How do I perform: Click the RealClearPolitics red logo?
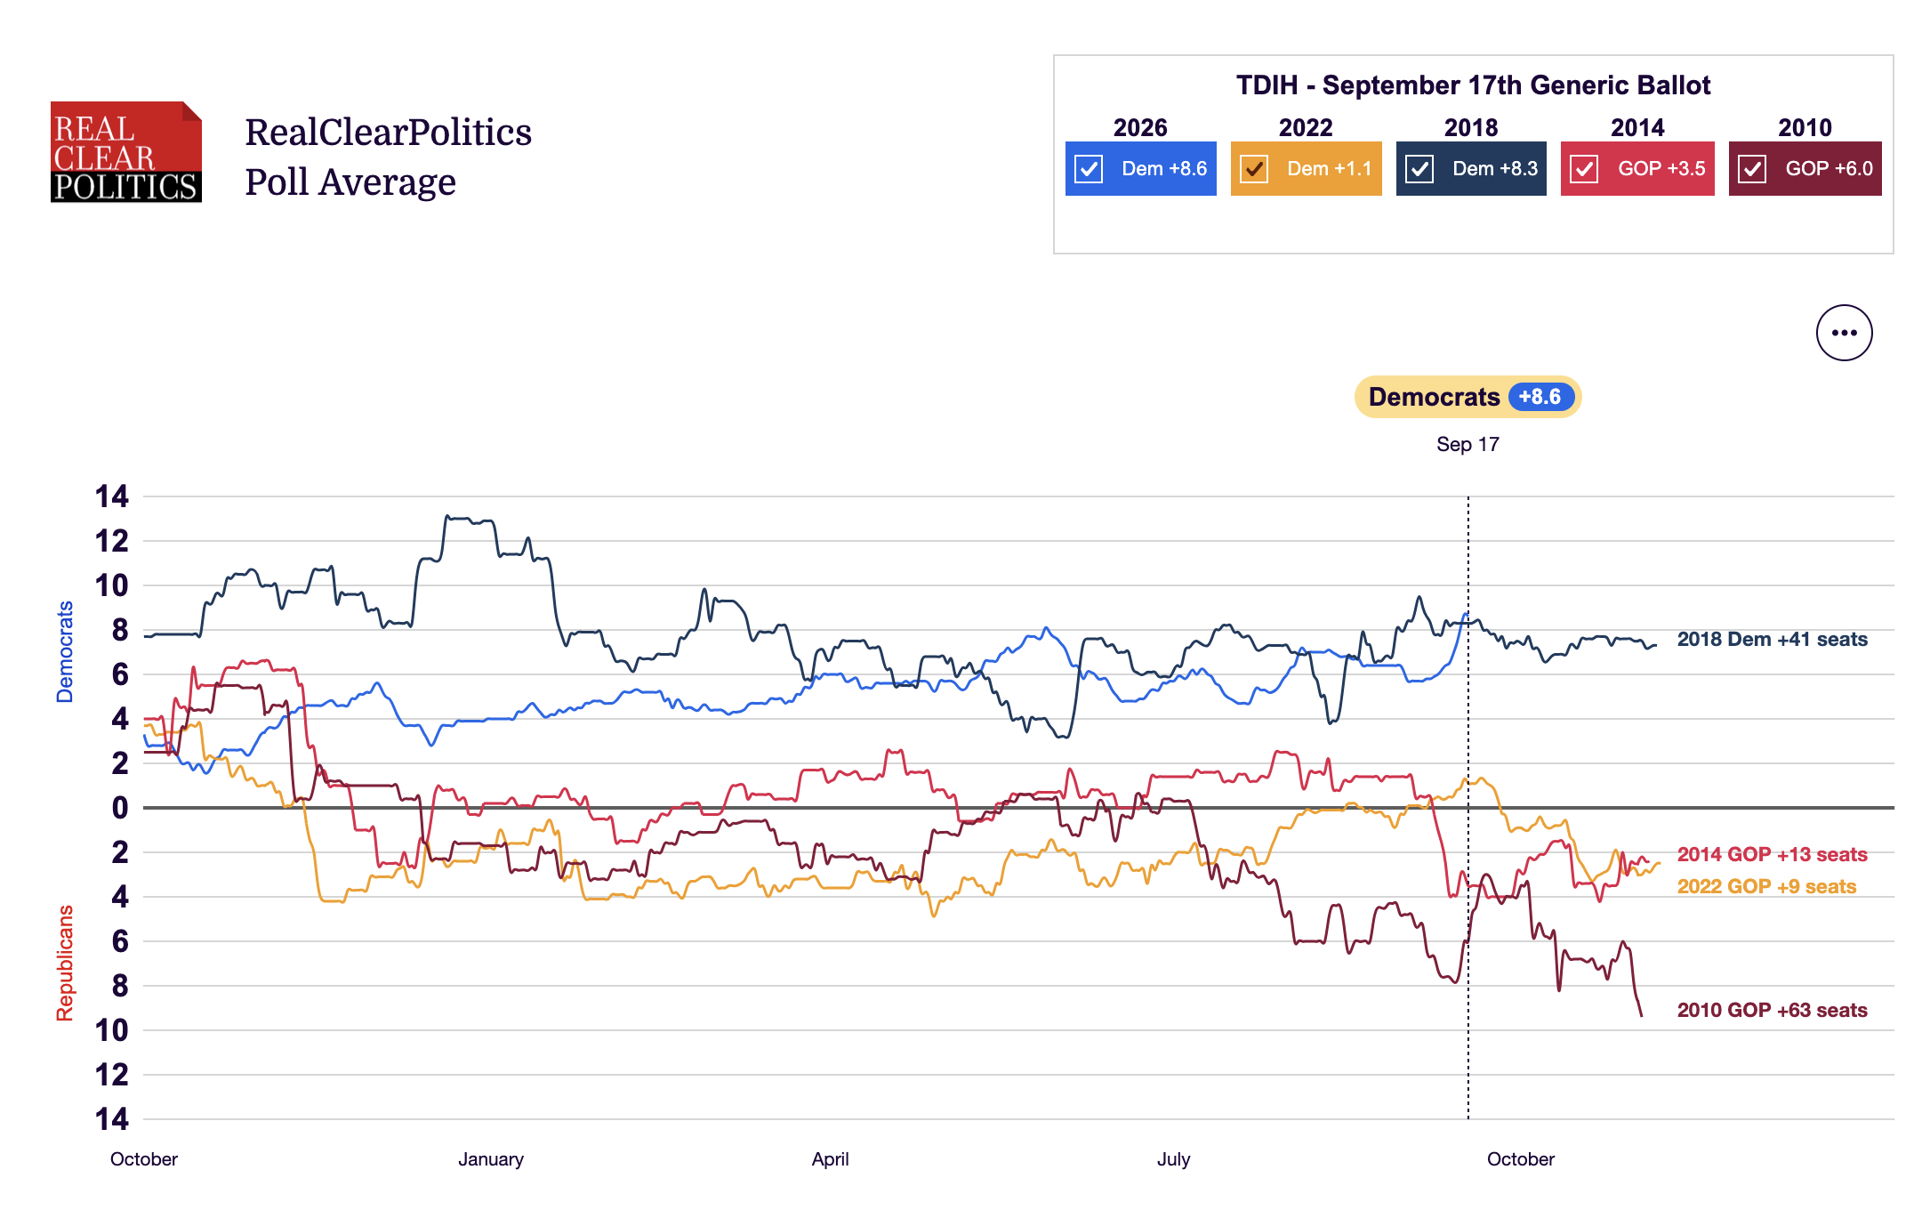126,152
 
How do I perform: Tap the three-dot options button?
1844,333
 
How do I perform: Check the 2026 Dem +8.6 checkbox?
1089,169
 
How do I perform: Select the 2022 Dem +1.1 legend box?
1306,169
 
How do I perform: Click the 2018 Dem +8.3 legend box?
1471,169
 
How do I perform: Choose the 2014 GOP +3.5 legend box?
1637,169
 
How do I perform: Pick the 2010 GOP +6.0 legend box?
1805,169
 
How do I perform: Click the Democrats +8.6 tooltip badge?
1468,397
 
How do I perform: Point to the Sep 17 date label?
1468,444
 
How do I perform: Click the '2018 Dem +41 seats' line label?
1772,639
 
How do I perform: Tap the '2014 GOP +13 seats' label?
1772,854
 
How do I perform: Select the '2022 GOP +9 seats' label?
1766,886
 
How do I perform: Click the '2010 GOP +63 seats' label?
1772,1010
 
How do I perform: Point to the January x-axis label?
491,1159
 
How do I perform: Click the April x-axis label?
830,1159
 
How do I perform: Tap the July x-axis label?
1173,1159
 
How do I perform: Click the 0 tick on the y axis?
119,808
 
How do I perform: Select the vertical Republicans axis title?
65,963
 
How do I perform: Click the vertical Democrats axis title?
65,652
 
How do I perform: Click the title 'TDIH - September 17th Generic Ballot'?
1473,85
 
